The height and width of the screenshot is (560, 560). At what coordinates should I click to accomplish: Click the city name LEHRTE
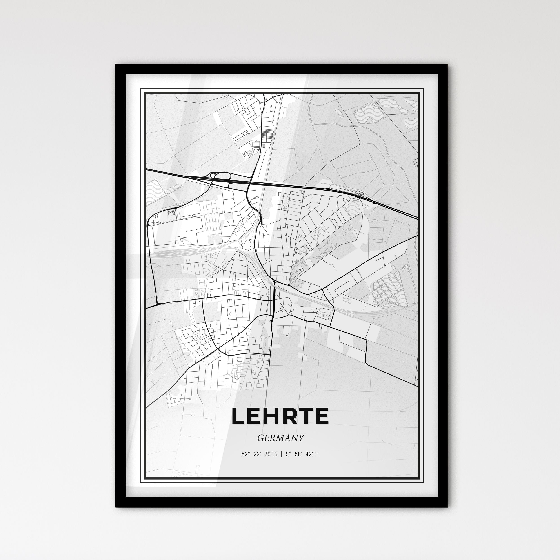280,416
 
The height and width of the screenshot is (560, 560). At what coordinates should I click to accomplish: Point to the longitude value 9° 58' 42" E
302,454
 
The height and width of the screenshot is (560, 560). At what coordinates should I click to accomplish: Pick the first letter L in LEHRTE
239,416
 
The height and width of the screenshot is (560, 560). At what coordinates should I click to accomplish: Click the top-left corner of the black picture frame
116,65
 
